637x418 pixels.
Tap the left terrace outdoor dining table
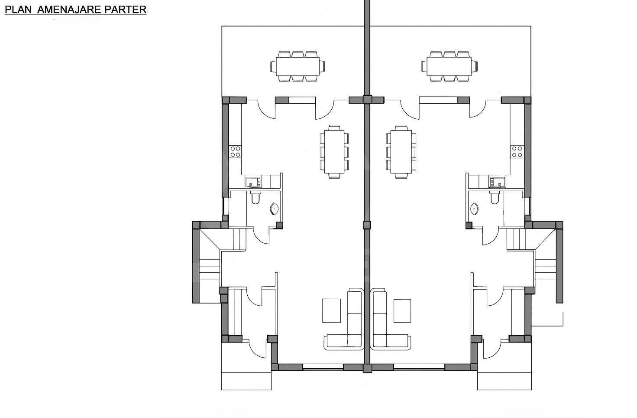click(x=298, y=66)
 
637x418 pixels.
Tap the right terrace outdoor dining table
click(x=449, y=66)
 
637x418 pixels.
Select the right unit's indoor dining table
click(x=401, y=152)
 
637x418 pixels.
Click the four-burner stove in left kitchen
click(x=235, y=151)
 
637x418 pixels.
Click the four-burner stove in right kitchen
click(x=517, y=151)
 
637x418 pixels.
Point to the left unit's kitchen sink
click(x=253, y=182)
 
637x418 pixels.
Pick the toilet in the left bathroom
click(x=255, y=199)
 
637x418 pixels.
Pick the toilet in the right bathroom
click(x=495, y=199)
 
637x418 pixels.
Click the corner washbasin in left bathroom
click(x=275, y=209)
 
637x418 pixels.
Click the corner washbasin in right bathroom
click(x=475, y=209)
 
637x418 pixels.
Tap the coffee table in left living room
click(x=331, y=310)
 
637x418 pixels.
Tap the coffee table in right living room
click(x=402, y=310)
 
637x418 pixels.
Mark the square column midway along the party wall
click(x=367, y=225)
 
